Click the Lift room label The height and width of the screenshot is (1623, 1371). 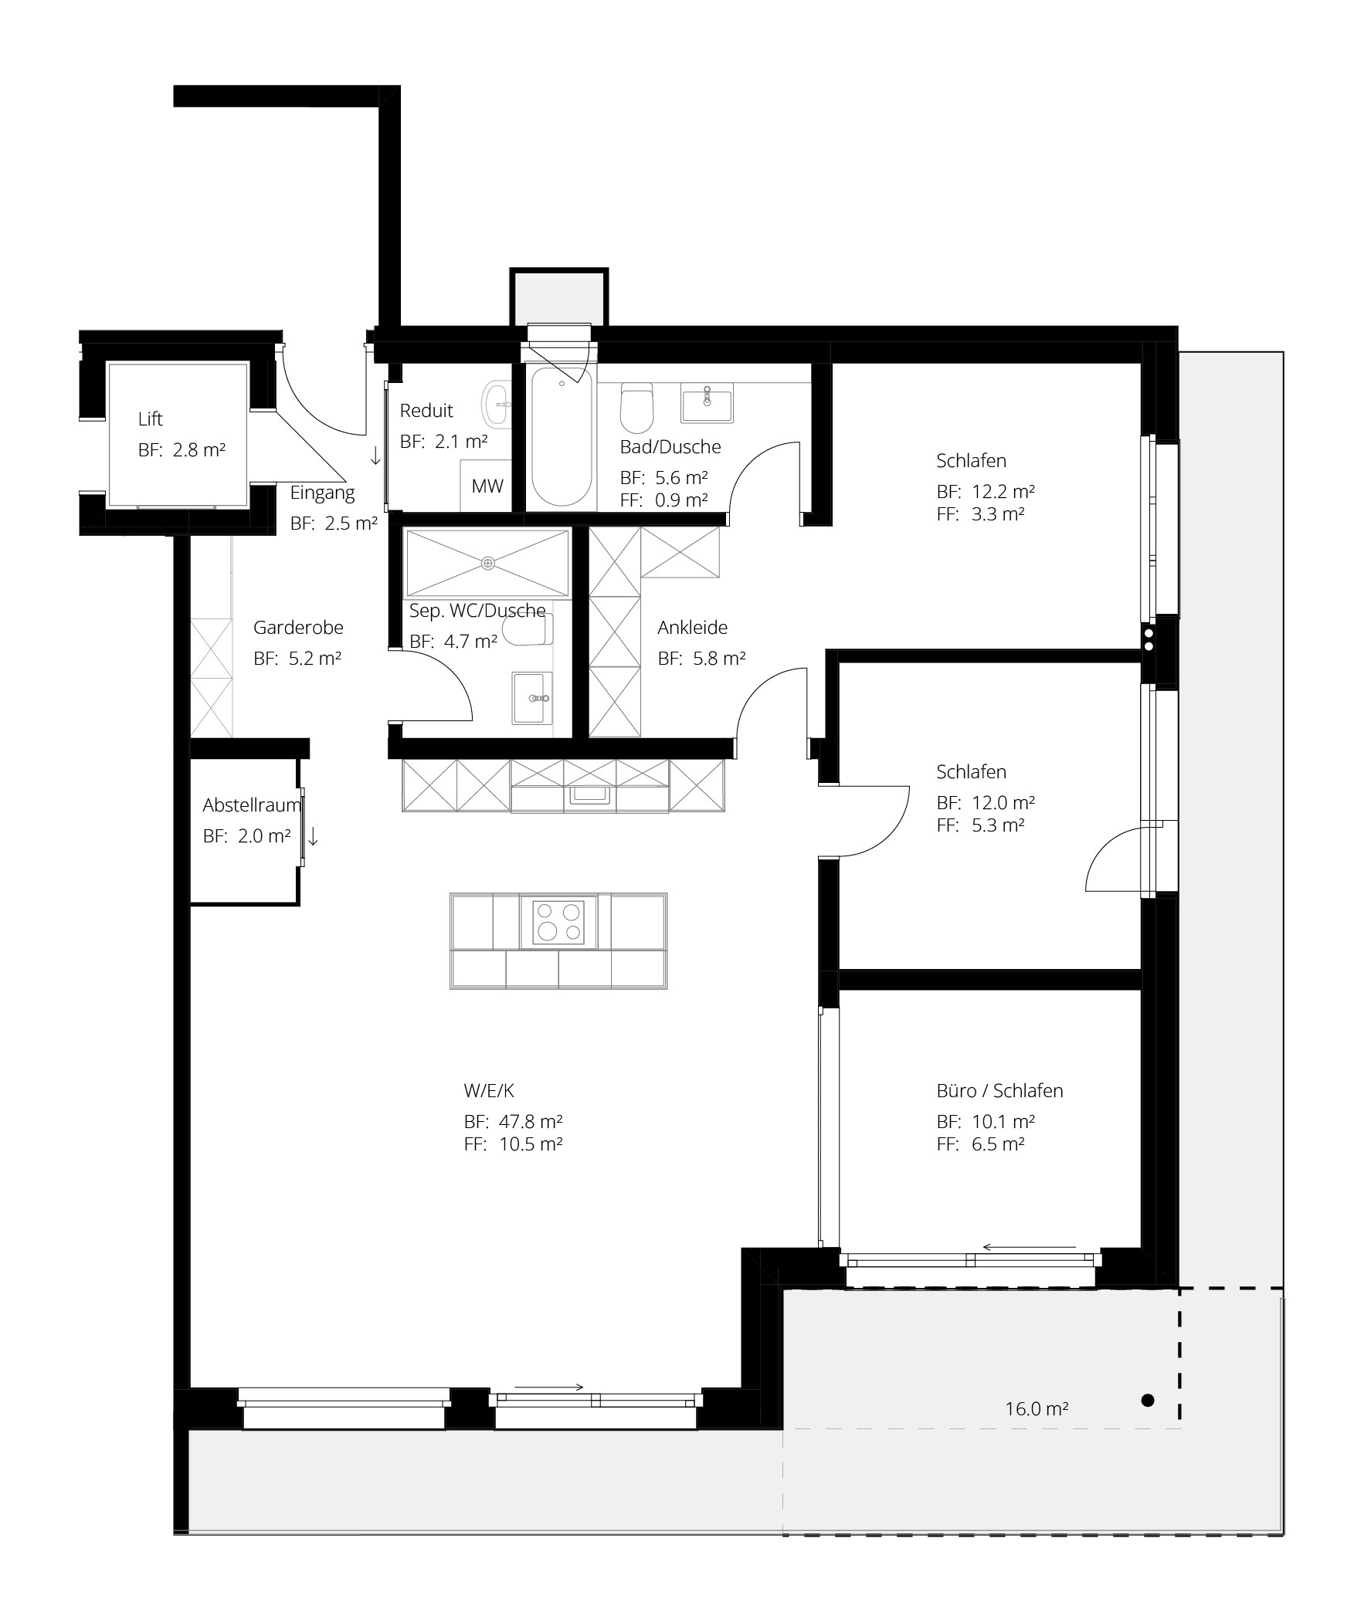[150, 419]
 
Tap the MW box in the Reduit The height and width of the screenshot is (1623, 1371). [487, 486]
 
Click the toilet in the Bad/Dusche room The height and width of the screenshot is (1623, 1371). [636, 408]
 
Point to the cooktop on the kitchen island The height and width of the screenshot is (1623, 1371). [558, 921]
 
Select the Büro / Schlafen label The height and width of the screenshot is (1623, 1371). [999, 1091]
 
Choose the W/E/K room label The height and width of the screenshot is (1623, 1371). [489, 1091]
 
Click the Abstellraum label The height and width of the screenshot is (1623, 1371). [252, 805]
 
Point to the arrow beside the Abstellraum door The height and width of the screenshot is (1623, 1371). [314, 836]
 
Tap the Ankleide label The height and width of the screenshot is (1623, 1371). [693, 628]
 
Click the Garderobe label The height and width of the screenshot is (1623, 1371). [298, 628]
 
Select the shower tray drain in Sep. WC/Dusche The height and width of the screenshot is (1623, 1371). [488, 564]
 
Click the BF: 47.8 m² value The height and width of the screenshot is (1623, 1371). [513, 1122]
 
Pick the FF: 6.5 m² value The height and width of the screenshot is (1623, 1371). [981, 1144]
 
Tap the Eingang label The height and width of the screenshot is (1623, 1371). [323, 493]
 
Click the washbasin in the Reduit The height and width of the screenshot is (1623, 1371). [496, 404]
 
